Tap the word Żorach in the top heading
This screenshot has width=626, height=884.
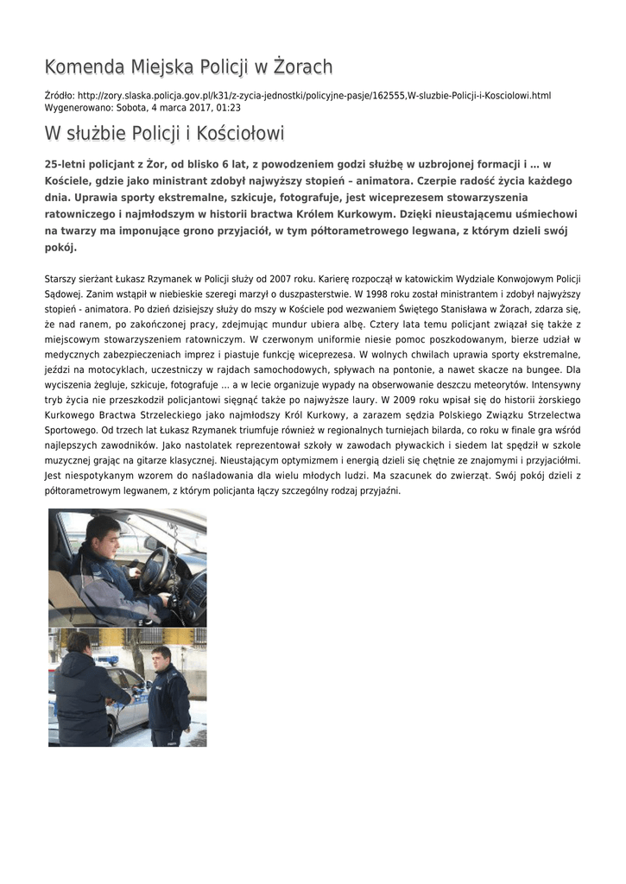coord(302,67)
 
